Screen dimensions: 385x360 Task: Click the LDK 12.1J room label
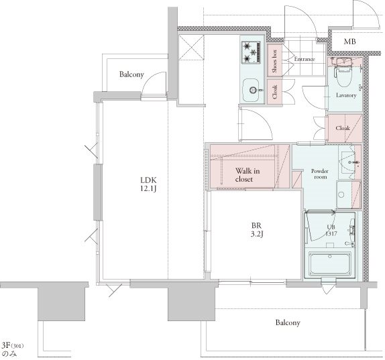(148, 184)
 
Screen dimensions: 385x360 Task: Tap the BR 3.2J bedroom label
(257, 230)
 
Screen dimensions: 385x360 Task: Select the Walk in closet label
(248, 175)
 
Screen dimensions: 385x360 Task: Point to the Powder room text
(320, 174)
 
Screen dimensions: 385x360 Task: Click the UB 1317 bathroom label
(331, 231)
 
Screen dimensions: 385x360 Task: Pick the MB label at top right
(349, 42)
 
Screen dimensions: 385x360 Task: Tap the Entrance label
(305, 59)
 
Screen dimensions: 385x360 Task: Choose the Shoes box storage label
(274, 61)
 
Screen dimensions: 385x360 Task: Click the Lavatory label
(346, 95)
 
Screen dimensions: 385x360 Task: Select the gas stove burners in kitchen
(251, 53)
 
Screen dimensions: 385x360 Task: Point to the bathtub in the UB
(329, 265)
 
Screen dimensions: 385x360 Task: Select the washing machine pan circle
(341, 195)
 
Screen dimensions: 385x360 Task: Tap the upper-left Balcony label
(131, 74)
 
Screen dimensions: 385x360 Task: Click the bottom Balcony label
(288, 322)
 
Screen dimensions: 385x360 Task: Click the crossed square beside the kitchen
(192, 47)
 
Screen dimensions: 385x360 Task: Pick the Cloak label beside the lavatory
(343, 128)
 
